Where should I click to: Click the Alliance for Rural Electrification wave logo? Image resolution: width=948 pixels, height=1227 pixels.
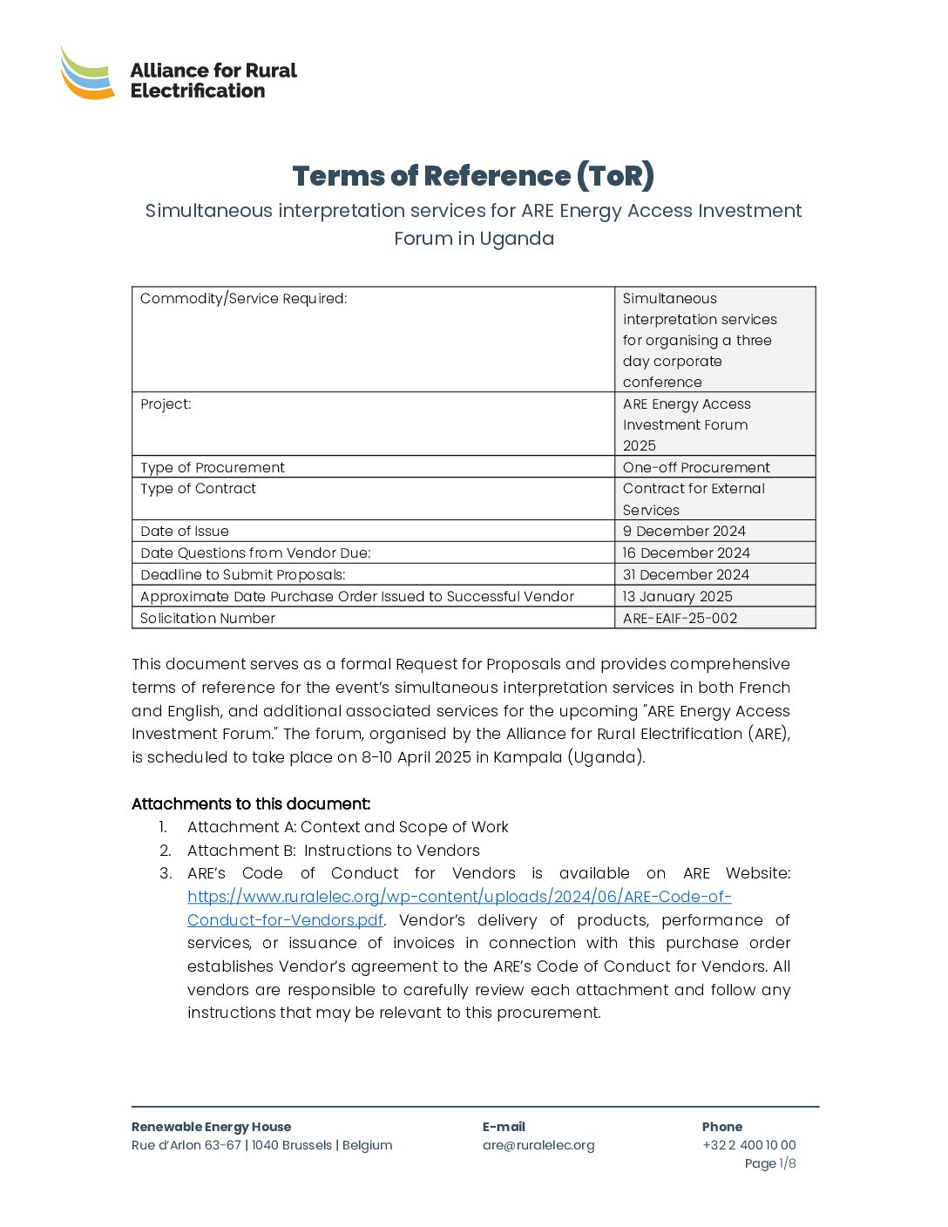coord(87,73)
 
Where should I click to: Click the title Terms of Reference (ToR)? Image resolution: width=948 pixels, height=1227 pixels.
coord(473,176)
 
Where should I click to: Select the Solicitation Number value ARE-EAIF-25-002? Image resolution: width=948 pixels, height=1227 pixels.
coord(680,619)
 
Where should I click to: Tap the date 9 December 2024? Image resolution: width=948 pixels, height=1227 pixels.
coord(684,532)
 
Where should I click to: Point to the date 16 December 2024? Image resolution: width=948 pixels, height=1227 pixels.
coord(686,553)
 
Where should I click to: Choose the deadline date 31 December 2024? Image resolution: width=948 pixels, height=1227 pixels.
coord(686,575)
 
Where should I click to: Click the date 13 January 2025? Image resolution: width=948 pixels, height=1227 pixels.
coord(677,597)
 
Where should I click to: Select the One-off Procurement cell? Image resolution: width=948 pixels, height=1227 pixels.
coord(696,468)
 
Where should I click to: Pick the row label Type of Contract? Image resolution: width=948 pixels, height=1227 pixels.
coord(199,489)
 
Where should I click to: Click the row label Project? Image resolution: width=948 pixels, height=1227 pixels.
coord(166,404)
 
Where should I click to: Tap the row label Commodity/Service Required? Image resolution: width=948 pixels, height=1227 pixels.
coord(244,299)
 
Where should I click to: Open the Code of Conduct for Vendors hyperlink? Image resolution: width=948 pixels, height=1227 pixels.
coord(459,897)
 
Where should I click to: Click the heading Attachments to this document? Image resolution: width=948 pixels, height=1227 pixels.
coord(251,804)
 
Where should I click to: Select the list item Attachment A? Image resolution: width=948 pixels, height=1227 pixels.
coord(348,827)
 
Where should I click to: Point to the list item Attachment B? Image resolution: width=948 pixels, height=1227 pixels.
coord(333,851)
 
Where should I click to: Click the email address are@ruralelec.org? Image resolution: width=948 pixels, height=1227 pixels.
coord(538,1145)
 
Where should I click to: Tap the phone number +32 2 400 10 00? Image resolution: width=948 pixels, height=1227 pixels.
coord(749,1145)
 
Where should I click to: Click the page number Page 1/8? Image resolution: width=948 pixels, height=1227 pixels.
coord(770,1163)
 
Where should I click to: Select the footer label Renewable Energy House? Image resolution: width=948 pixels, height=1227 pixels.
coord(211,1127)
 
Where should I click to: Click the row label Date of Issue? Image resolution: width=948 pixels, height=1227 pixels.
coord(185,532)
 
